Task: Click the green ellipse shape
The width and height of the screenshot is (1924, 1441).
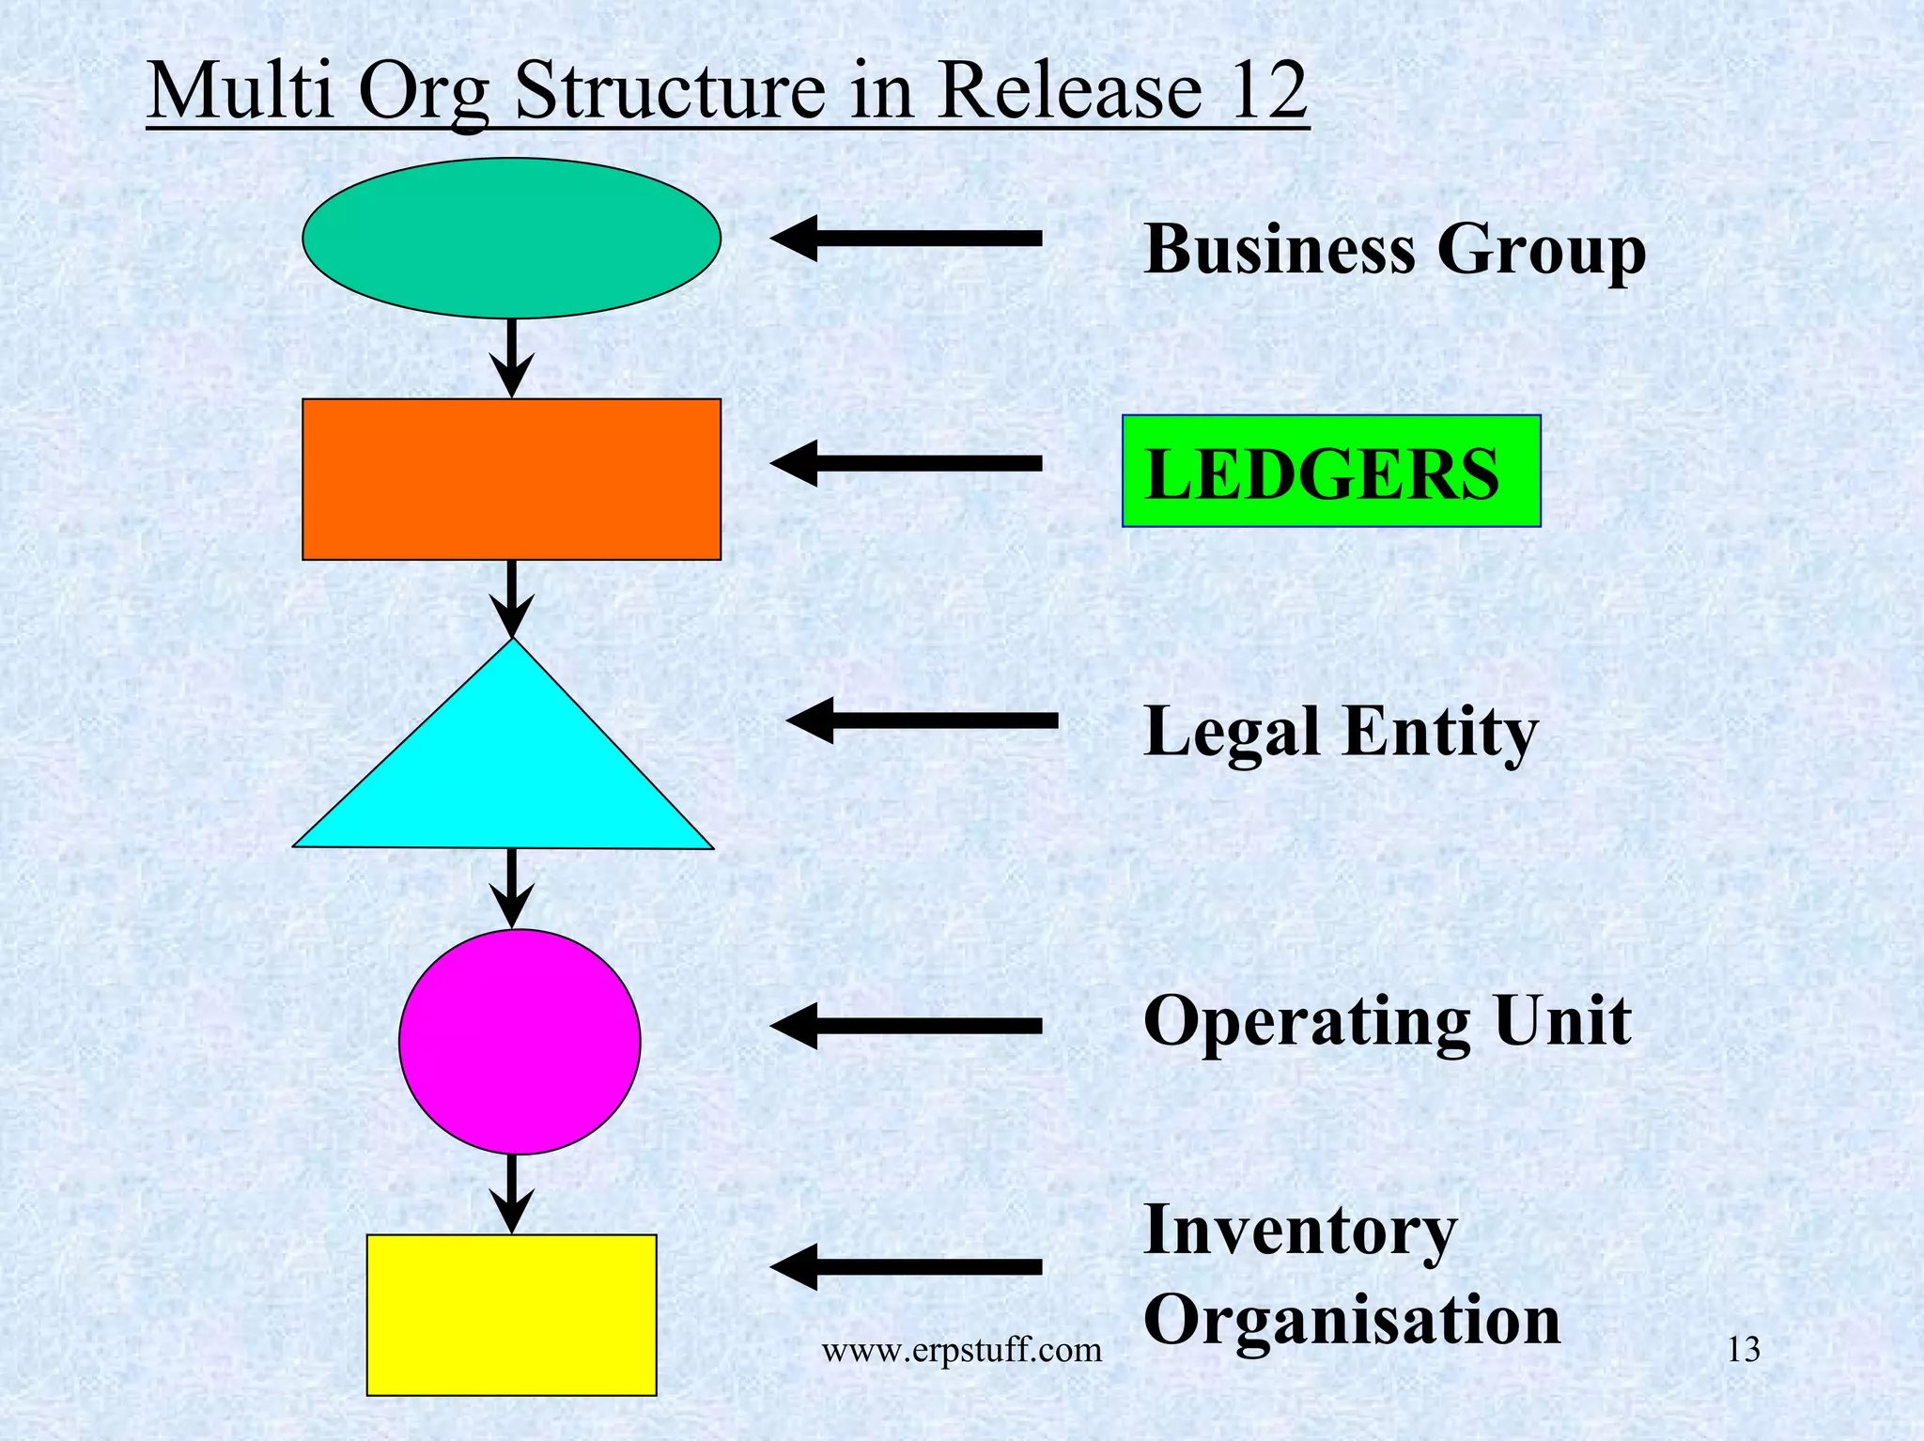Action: tap(511, 238)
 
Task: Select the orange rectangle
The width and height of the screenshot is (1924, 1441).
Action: tap(511, 479)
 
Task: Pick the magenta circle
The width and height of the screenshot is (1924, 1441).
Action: tap(520, 1041)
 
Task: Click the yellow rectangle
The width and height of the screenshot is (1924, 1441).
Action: tap(511, 1314)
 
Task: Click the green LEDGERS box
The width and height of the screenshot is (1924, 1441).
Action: tap(1330, 471)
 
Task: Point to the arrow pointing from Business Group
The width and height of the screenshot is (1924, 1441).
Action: tap(907, 238)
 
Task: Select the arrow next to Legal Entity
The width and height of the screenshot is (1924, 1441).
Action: tap(923, 720)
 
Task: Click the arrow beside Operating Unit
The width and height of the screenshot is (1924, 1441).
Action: tap(907, 1026)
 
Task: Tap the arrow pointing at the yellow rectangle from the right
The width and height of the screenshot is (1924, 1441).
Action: tap(907, 1267)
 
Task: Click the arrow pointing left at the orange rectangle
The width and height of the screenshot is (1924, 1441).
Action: tap(907, 463)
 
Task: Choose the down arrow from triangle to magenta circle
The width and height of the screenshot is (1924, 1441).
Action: tap(511, 889)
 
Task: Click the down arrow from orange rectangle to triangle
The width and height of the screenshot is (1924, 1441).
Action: tap(511, 599)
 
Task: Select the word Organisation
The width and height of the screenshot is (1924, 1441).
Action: tap(1352, 1320)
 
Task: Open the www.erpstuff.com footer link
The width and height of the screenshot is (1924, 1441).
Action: tap(961, 1351)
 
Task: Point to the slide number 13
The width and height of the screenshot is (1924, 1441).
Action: tap(1744, 1351)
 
